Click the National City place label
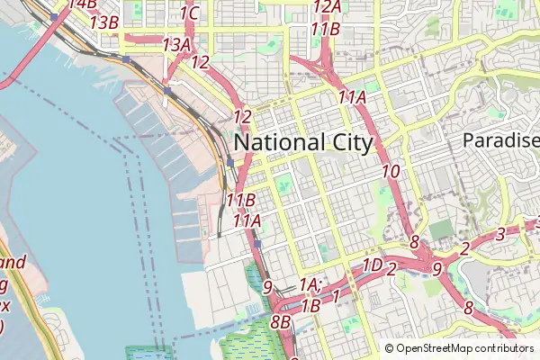point(303,142)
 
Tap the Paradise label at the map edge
point(500,140)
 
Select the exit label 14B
point(82,4)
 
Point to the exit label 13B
point(104,22)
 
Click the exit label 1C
point(189,13)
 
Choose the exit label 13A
point(176,44)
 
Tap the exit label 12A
point(328,6)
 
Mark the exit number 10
point(391,171)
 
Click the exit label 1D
point(372,265)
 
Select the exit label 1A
point(310,284)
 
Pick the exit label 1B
point(310,305)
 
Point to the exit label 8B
point(280,321)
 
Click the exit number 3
point(500,235)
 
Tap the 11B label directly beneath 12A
point(325,29)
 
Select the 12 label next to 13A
point(201,62)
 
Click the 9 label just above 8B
point(267,288)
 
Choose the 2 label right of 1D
point(392,267)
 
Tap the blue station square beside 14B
point(55,16)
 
